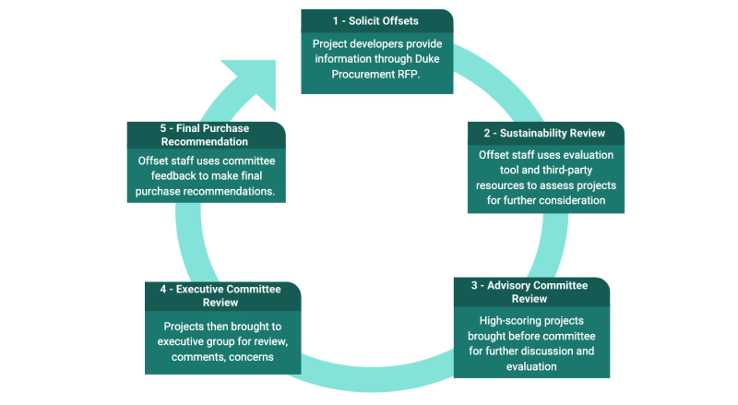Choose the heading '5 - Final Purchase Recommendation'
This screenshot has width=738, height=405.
(x=204, y=135)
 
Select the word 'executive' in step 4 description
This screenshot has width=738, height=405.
(x=183, y=341)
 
